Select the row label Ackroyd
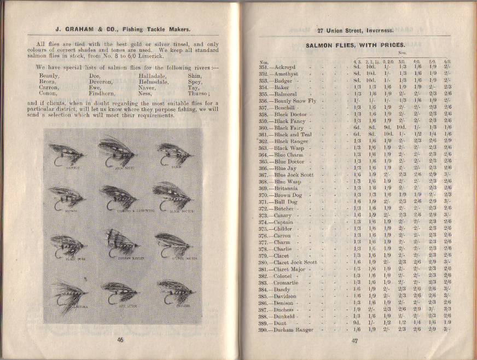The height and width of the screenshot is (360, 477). pyautogui.click(x=286, y=67)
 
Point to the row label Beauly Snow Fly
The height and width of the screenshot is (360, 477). pyautogui.click(x=295, y=101)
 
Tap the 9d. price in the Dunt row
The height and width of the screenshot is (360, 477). pyautogui.click(x=357, y=323)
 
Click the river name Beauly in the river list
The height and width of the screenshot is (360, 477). pyautogui.click(x=50, y=76)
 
